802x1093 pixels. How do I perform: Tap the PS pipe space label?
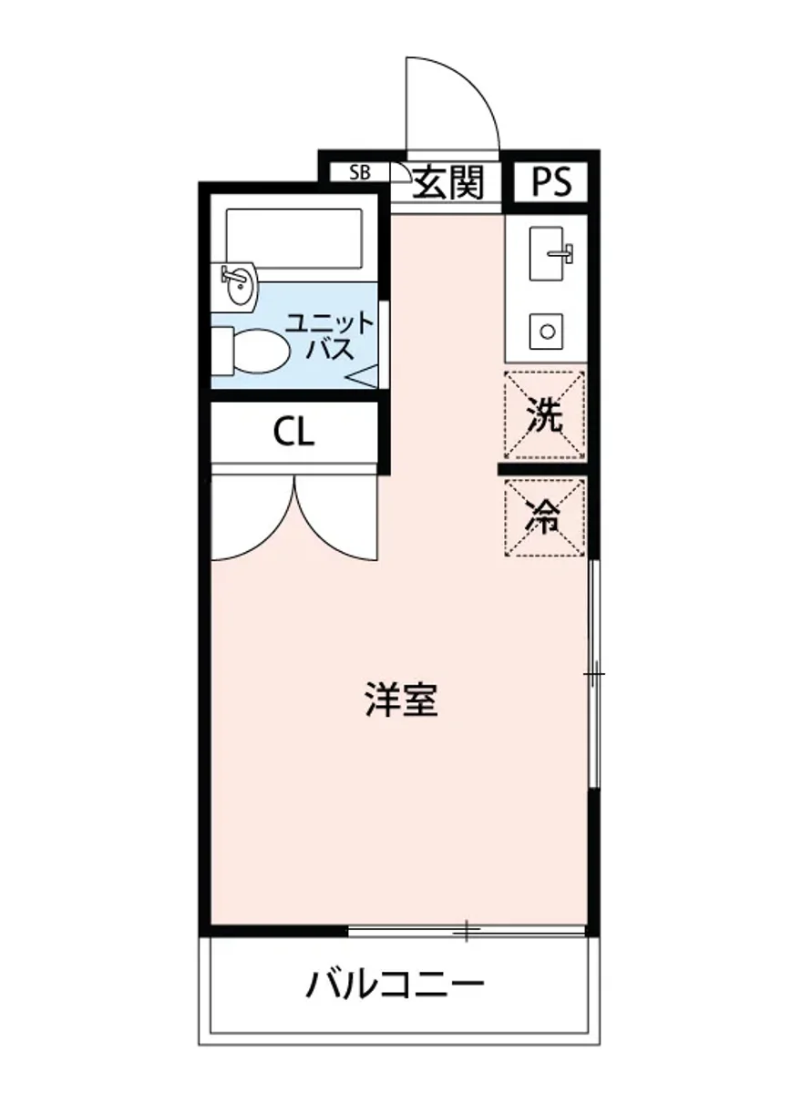point(552,183)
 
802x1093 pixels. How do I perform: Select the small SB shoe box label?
point(361,172)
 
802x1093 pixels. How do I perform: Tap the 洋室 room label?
point(401,700)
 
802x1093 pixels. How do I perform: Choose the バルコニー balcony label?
point(394,985)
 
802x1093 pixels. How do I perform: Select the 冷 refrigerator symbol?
point(545,517)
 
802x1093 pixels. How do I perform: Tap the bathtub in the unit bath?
point(293,238)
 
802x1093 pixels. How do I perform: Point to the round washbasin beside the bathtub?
point(240,285)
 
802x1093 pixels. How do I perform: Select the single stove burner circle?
point(547,331)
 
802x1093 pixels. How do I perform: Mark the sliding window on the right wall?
point(594,674)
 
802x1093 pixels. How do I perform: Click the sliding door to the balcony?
point(466,931)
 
